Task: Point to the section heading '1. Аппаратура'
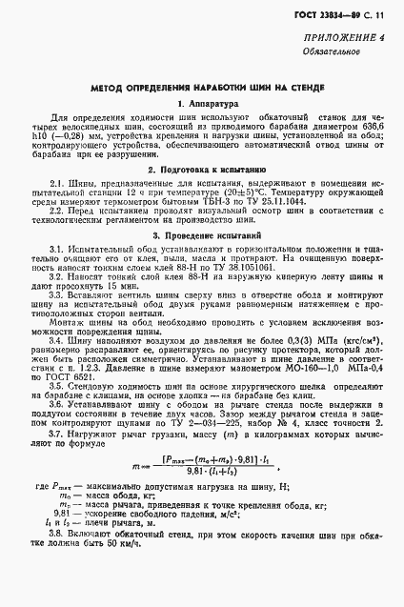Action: tap(201, 103)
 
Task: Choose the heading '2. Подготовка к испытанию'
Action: tap(201, 164)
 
